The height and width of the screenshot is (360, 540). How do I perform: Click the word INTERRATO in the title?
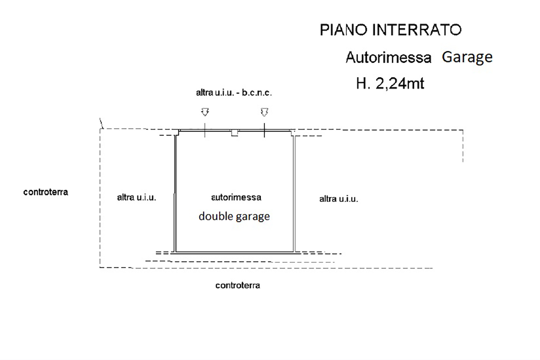[x=417, y=30]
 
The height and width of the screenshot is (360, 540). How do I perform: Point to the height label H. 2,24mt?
[x=390, y=84]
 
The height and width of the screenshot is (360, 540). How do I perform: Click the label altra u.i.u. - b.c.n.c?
[x=234, y=93]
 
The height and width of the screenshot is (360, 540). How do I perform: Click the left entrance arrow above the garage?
[x=205, y=112]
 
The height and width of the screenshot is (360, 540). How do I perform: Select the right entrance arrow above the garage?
[x=265, y=112]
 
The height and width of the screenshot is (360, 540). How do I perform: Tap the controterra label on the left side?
[x=46, y=192]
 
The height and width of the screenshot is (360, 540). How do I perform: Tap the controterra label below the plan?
[x=238, y=285]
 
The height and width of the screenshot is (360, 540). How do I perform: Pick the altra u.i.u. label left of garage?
[x=136, y=198]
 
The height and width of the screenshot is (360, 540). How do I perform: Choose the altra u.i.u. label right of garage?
[x=339, y=199]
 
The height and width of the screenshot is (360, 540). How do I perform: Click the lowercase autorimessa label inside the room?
[x=236, y=198]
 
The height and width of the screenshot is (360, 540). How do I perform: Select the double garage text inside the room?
[x=234, y=216]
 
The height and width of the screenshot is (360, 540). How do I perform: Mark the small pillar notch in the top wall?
[x=235, y=133]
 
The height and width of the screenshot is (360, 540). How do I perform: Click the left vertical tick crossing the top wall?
[x=205, y=130]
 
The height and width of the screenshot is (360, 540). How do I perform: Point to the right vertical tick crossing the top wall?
[x=265, y=130]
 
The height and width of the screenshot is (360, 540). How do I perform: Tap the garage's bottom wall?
[x=235, y=252]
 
